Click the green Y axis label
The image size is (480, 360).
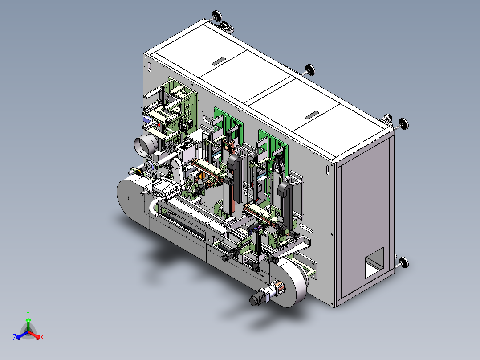tap(28, 313)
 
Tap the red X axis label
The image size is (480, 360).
tap(42, 337)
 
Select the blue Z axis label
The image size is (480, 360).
tap(14, 337)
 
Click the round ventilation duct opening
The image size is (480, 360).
tap(145, 146)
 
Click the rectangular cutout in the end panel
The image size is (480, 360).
tap(374, 262)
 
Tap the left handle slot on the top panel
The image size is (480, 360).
tap(219, 61)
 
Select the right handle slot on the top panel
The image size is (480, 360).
tap(312, 115)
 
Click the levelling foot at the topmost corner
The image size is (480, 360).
tap(216, 16)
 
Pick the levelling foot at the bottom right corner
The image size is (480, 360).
tap(402, 262)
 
